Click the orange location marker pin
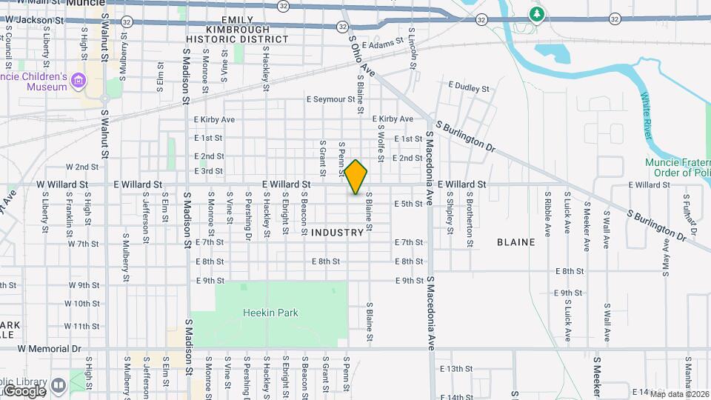(x=356, y=177)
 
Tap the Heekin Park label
(x=270, y=313)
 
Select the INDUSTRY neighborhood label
(x=338, y=233)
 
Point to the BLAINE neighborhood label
(x=516, y=241)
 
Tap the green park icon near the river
(x=536, y=14)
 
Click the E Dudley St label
(x=468, y=88)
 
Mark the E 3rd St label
(x=209, y=171)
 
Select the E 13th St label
(x=455, y=368)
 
